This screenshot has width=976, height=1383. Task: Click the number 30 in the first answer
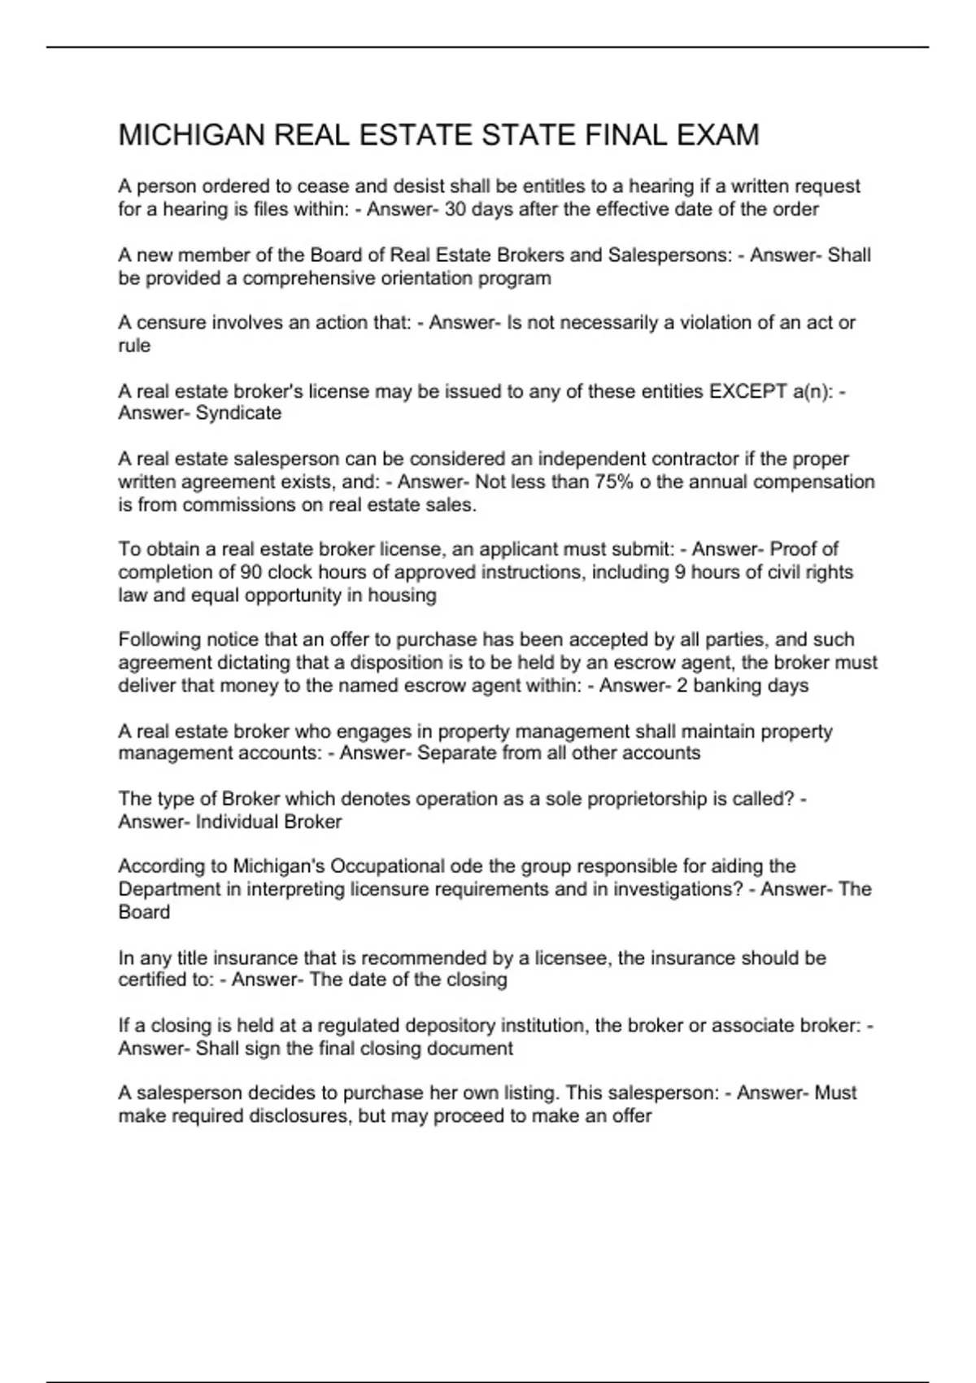pos(455,209)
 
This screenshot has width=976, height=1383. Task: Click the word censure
pos(172,323)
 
